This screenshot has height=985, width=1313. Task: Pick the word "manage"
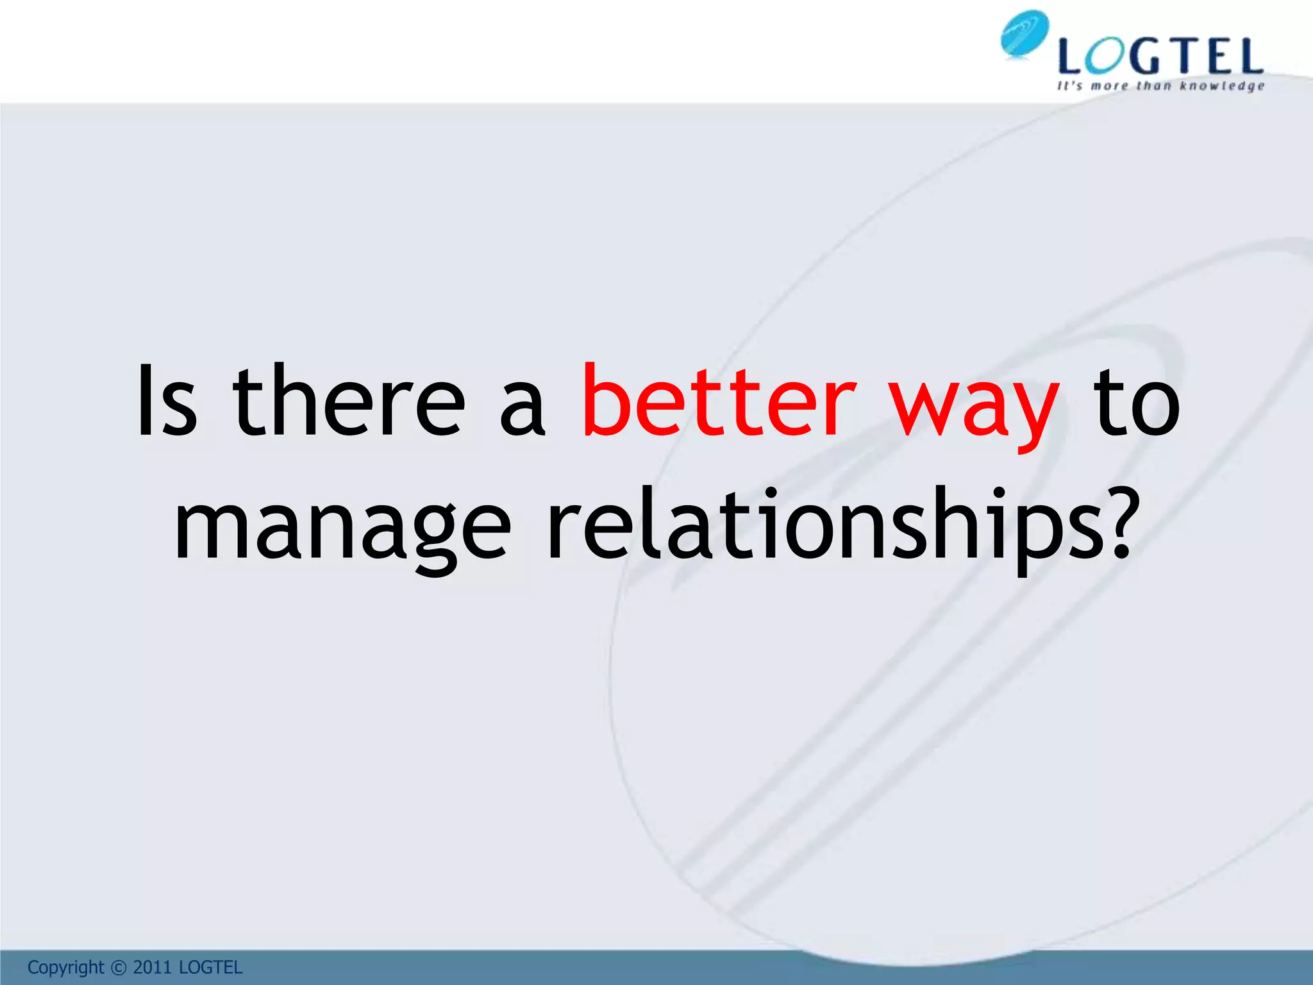[x=343, y=529]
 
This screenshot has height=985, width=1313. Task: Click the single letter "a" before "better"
[x=523, y=410]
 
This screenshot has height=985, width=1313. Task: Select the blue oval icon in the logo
[x=1024, y=35]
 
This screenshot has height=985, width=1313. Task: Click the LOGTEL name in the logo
[x=1160, y=56]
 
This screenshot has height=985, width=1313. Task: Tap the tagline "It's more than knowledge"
[x=1160, y=86]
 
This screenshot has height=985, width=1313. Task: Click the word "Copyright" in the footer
[x=65, y=967]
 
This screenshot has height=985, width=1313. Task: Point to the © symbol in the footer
[x=119, y=968]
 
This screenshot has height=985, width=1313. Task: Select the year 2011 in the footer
[x=152, y=967]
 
